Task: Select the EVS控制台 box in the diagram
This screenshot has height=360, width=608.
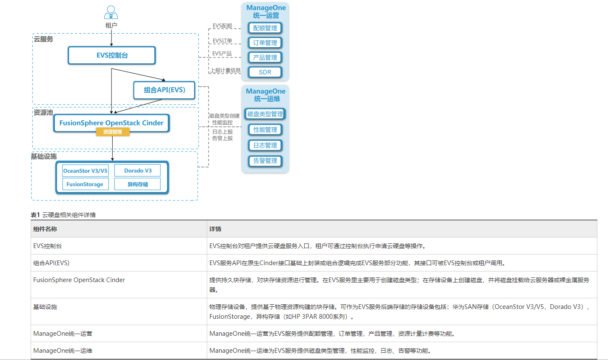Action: coord(112,55)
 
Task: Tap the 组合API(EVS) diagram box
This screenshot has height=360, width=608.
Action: coord(164,90)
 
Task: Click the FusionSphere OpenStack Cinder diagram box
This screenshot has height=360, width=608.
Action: coord(111,123)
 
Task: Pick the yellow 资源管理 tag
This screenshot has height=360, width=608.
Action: coord(112,132)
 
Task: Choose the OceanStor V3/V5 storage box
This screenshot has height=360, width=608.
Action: coord(85,171)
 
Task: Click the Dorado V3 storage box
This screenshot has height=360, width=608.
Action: coord(137,171)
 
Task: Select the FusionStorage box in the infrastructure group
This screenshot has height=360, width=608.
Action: coord(85,184)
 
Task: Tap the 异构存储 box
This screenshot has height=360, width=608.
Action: coord(137,184)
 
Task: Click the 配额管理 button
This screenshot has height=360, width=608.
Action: coord(265,28)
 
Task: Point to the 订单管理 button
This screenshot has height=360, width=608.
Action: coord(265,43)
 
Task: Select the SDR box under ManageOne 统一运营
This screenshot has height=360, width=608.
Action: coord(265,72)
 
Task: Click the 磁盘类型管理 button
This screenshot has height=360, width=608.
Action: coord(265,114)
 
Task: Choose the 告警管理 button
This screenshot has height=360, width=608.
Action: coord(265,161)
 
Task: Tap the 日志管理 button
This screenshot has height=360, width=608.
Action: coord(265,146)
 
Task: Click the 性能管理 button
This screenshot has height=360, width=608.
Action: coord(265,130)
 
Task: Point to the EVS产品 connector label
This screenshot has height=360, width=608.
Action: coord(222,54)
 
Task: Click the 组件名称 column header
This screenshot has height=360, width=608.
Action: coord(45,229)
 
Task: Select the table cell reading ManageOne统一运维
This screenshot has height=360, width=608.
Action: coord(63,351)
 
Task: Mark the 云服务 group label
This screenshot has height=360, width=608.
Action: coord(43,39)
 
